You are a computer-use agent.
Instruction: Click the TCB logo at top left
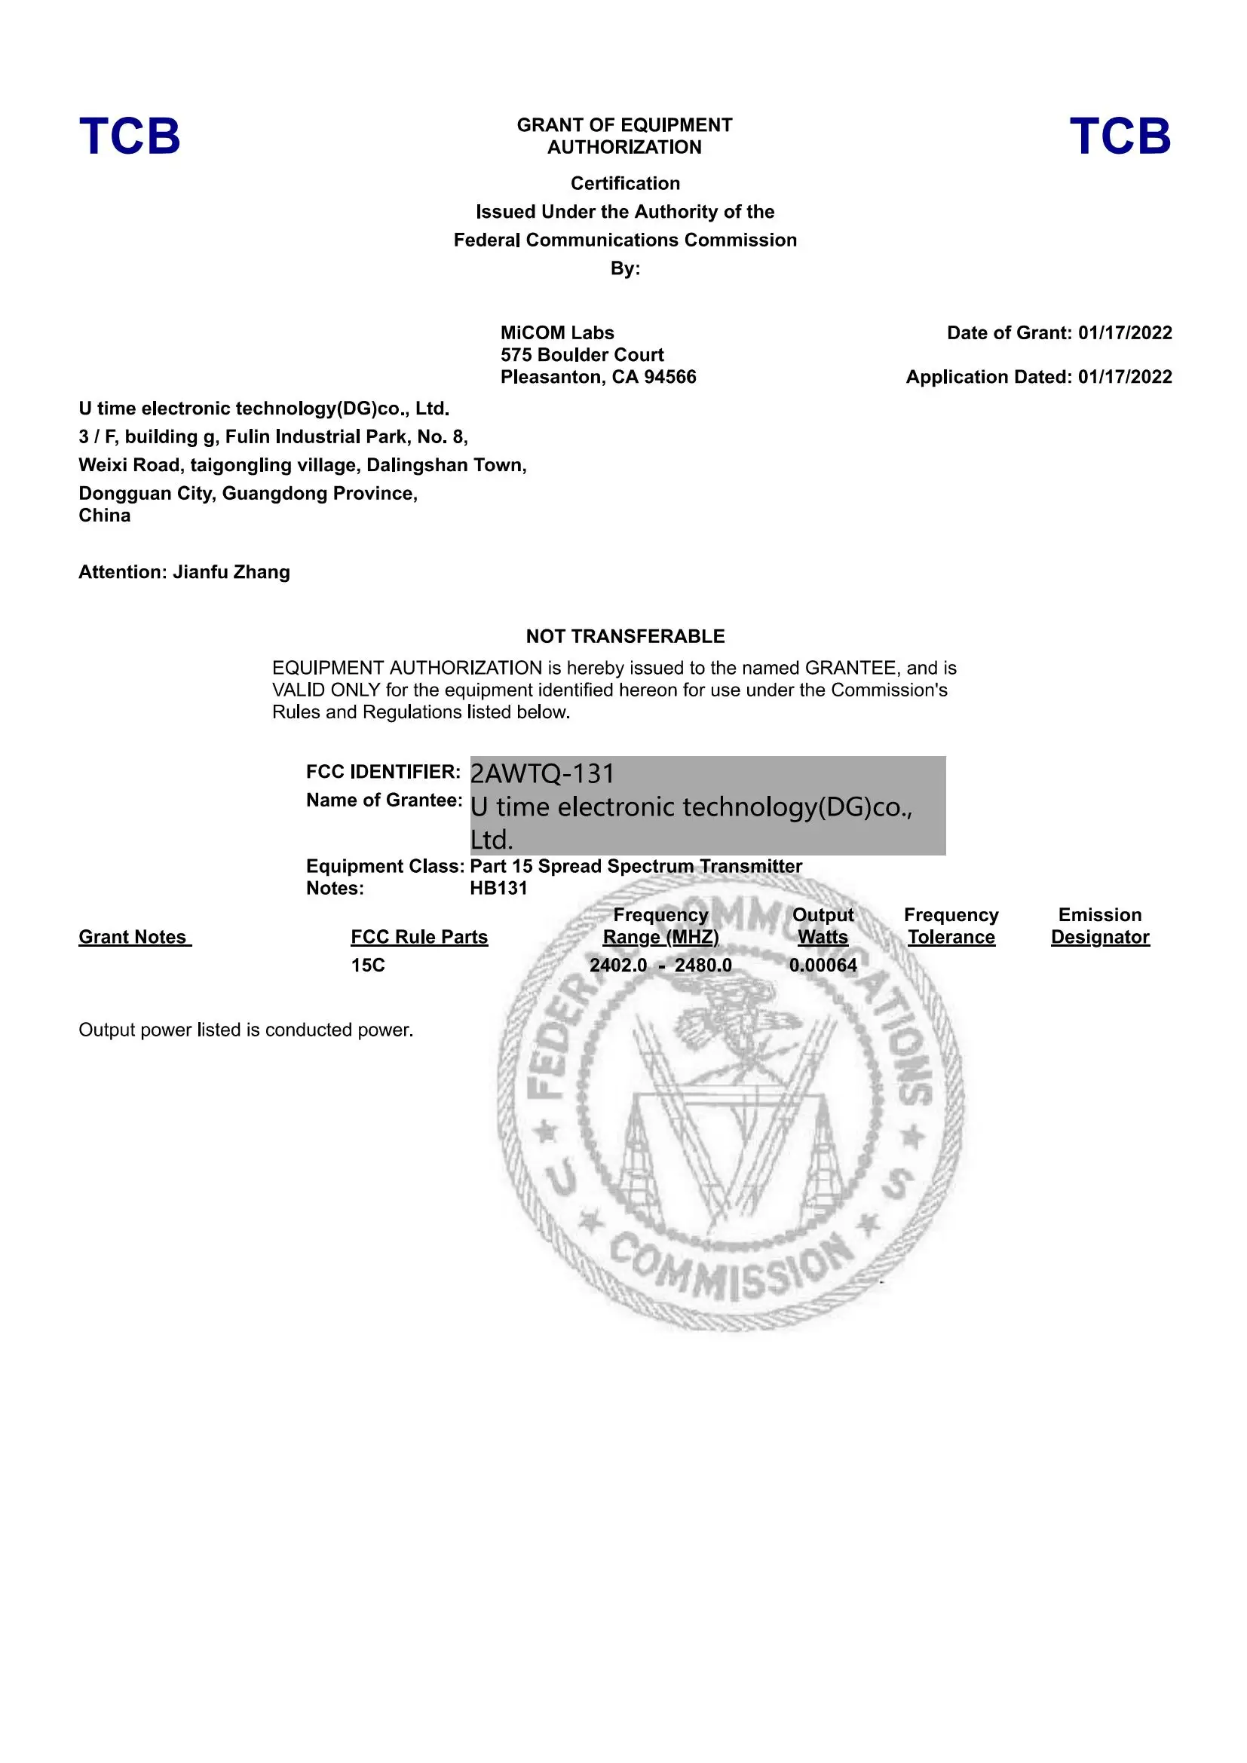tap(130, 136)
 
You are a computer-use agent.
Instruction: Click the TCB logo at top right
tap(1120, 136)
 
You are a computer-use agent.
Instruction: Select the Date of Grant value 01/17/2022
tap(1125, 332)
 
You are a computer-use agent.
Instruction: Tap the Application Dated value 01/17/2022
tap(1125, 377)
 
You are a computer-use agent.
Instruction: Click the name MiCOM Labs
tap(556, 332)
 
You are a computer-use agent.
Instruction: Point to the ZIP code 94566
tap(671, 377)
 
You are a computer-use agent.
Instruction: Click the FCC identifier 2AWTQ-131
tap(542, 773)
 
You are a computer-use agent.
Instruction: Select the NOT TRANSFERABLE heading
tap(625, 636)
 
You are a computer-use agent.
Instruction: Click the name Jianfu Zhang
tap(231, 572)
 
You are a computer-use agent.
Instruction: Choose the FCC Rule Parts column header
tap(419, 937)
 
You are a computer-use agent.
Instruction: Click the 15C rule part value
tap(368, 966)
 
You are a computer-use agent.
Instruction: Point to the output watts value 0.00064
tap(823, 966)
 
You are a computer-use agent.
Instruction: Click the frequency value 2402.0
tap(618, 966)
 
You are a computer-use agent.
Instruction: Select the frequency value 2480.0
tap(703, 966)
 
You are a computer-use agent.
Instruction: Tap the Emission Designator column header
tap(1099, 926)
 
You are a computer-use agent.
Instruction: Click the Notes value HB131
tap(498, 889)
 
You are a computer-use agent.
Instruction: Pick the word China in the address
tap(105, 516)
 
